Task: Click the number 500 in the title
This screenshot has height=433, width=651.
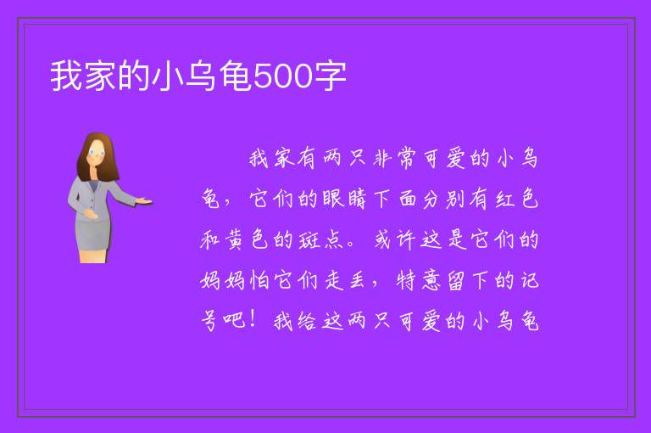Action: pyautogui.click(x=282, y=76)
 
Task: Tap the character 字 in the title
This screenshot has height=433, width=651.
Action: pyautogui.click(x=330, y=76)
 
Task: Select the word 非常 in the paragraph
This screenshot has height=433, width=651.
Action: pyautogui.click(x=394, y=159)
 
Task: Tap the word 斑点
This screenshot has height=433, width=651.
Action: pyautogui.click(x=320, y=239)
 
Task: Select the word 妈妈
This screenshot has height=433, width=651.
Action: pyautogui.click(x=223, y=281)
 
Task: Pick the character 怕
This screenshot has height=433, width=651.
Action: pyautogui.click(x=259, y=281)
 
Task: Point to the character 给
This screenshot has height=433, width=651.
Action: pyautogui.click(x=308, y=321)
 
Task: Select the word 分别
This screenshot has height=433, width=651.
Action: pyautogui.click(x=443, y=199)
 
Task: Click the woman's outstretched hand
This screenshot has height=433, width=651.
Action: pyautogui.click(x=142, y=201)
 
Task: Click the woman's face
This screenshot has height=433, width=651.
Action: pyautogui.click(x=97, y=153)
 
